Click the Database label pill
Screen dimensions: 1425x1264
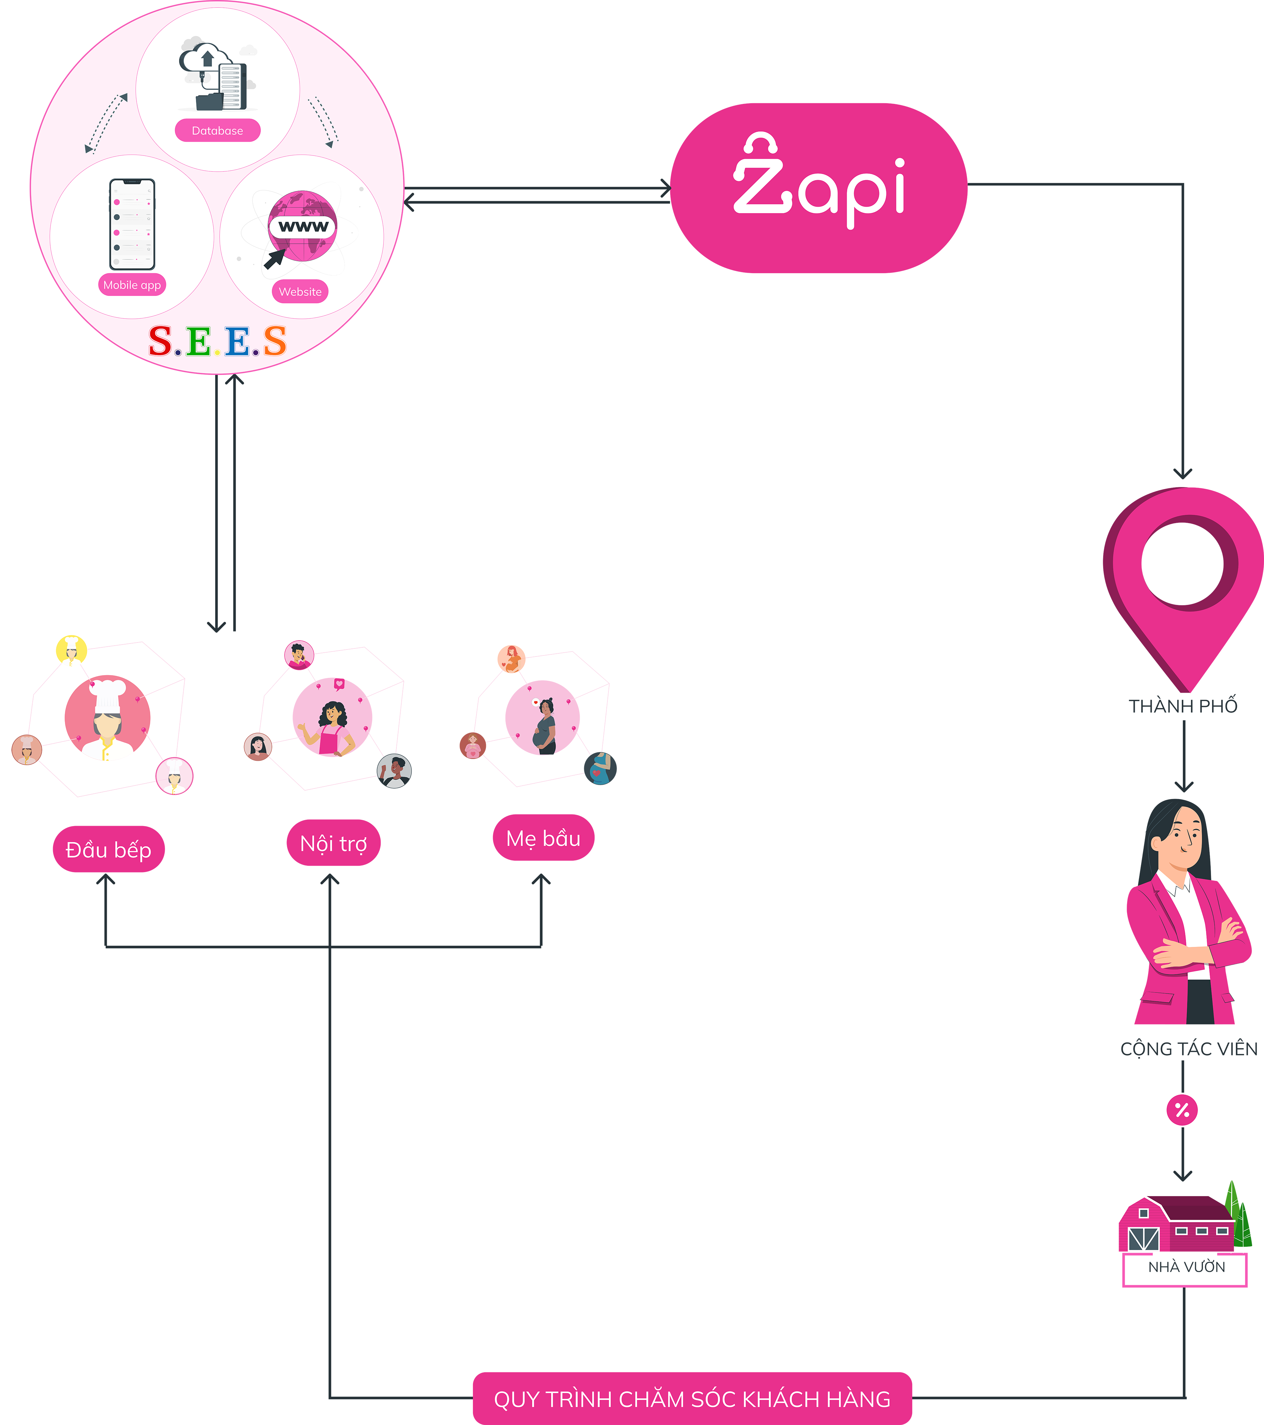tap(218, 130)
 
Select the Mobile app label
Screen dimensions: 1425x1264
tap(132, 285)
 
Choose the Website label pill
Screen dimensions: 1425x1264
tap(300, 291)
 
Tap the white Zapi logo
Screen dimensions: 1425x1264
tap(819, 183)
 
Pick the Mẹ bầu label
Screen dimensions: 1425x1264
tap(543, 839)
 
